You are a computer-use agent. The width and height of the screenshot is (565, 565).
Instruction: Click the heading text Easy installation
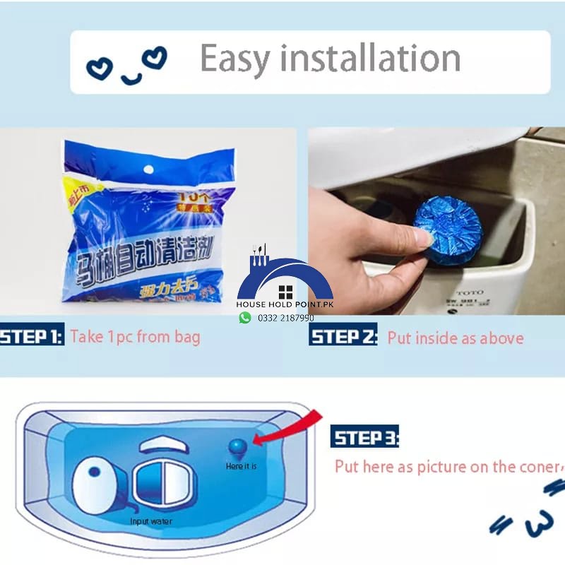(330, 59)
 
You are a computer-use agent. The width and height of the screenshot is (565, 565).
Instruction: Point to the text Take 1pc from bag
(135, 336)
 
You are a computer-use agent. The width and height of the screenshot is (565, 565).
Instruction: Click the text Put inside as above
(456, 338)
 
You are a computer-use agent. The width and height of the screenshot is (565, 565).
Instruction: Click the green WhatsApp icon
(245, 318)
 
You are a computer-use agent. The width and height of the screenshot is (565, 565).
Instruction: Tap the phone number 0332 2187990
(286, 319)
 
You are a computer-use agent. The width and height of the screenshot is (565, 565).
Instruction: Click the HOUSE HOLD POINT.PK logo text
(285, 304)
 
